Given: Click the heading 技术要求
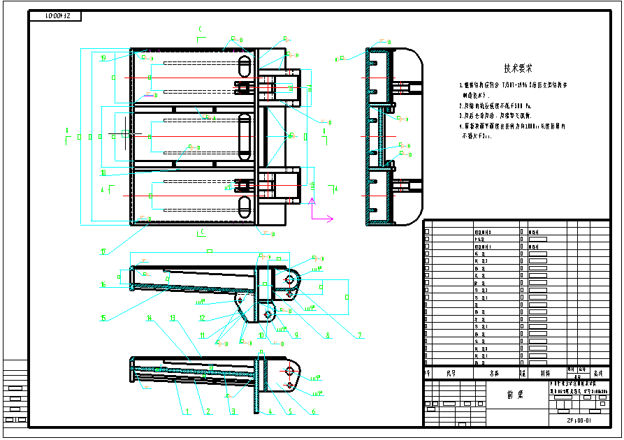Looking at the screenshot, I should coord(518,68).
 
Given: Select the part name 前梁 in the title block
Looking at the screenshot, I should coord(514,393).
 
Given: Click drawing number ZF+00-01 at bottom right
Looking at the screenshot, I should coord(579,420).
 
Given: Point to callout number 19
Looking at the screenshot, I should coord(103,59).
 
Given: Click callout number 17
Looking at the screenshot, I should coord(103,251).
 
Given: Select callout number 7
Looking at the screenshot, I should coord(360,335).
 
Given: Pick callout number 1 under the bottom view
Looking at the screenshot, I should coord(187,412).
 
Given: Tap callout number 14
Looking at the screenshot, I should coord(149,318).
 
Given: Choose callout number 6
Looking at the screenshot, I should coord(314,412).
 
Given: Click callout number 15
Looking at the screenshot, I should coord(103,318).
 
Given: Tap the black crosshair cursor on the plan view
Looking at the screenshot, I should coord(124,132).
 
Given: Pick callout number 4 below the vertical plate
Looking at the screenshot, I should coord(272,412).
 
